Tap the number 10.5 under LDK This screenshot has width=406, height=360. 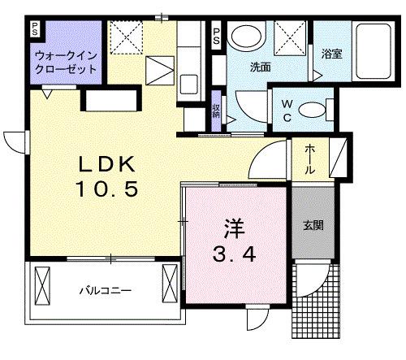109,190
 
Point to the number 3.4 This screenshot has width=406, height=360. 235,254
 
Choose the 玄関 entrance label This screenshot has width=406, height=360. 313,225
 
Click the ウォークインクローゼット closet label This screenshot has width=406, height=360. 66,63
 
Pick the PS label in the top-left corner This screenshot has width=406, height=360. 34,29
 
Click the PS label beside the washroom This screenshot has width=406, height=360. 217,37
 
